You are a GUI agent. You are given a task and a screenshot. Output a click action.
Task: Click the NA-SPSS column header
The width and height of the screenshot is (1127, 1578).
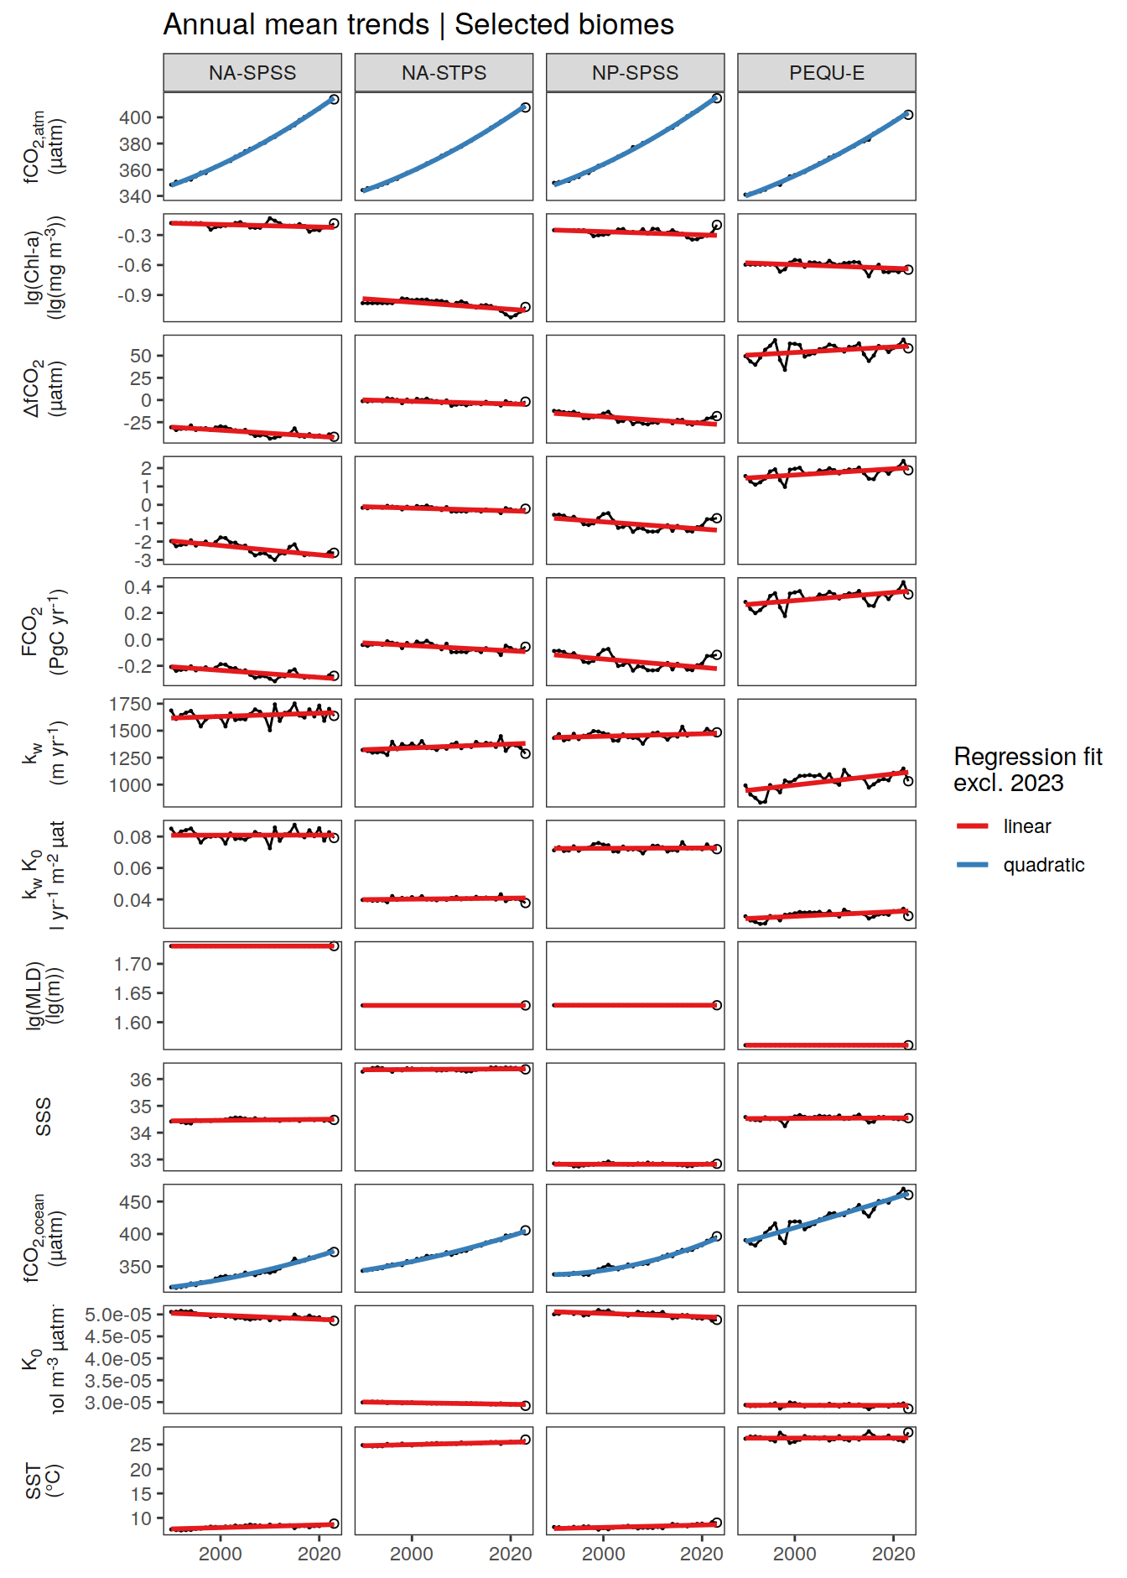(252, 73)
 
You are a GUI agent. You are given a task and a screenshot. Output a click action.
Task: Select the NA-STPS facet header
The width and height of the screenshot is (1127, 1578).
(444, 73)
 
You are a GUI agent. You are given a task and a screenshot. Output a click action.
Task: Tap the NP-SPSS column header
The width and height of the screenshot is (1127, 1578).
(635, 73)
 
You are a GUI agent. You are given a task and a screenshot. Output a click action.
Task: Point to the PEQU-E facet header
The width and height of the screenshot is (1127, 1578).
(826, 73)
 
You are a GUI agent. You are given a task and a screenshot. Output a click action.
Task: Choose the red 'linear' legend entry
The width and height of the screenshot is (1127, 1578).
(1026, 826)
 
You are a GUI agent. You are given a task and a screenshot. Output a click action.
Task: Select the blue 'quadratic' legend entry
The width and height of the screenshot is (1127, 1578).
(1043, 865)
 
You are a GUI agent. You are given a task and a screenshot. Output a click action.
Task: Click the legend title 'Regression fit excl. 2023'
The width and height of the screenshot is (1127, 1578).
(1027, 769)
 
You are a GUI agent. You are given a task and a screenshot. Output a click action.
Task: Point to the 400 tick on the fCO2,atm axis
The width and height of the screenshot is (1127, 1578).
(136, 118)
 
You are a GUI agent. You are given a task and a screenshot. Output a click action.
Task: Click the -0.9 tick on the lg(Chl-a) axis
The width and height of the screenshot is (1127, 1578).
(136, 296)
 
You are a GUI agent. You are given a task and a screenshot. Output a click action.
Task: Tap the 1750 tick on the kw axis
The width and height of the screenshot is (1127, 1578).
(131, 705)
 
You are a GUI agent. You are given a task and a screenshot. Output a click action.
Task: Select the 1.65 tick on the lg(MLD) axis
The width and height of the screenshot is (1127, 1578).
(133, 994)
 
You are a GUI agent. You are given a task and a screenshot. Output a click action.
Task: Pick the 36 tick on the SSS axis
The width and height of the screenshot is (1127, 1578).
(141, 1081)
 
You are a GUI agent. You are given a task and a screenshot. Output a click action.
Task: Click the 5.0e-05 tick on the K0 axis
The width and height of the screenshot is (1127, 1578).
(118, 1315)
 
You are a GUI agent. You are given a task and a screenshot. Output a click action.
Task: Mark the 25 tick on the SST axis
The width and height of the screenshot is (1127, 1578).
(141, 1445)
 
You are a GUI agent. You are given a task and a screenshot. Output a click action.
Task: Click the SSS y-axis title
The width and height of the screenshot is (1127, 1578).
(44, 1117)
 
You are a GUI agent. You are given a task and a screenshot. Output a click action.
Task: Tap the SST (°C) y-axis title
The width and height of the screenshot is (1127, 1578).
(44, 1481)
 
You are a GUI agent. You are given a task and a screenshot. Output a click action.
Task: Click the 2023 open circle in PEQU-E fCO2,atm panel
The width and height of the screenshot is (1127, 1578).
(908, 115)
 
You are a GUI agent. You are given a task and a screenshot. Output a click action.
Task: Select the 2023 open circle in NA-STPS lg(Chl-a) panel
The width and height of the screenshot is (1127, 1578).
(526, 308)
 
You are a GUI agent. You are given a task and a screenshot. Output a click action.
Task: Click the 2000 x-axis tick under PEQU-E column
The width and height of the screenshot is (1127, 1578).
(794, 1554)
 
